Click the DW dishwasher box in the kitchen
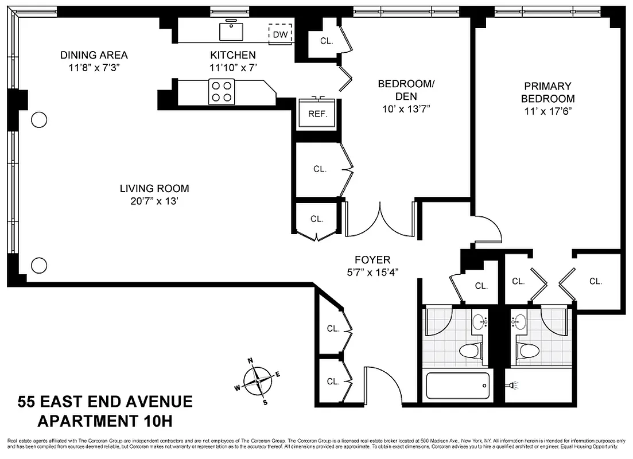281,34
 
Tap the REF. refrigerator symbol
317,114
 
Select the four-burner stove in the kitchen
222,92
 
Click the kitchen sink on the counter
232,31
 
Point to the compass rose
258,380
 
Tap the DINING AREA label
94,55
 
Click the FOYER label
372,260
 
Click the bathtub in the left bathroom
457,385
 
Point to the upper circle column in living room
38,119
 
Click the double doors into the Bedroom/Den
379,221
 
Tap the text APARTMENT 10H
104,421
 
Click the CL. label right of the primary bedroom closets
595,281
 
